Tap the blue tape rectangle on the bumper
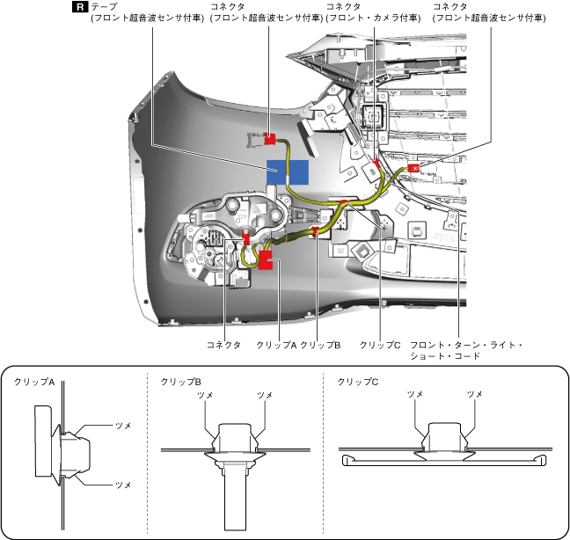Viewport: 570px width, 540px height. click(289, 172)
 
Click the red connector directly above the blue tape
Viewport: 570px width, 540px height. click(270, 137)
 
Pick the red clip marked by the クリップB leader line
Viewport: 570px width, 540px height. click(315, 233)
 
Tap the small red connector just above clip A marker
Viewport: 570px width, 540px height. click(247, 237)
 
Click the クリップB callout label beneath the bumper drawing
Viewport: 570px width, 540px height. click(319, 345)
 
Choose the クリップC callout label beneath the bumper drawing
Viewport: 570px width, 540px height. click(380, 345)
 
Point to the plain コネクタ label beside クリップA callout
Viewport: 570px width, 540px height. click(223, 345)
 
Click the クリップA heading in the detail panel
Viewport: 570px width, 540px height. click(34, 383)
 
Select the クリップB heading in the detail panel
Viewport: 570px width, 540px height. click(181, 383)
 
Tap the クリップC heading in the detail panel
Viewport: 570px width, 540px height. click(358, 383)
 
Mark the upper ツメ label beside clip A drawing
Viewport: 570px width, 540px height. click(123, 425)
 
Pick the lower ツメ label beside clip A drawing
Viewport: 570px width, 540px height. click(123, 485)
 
